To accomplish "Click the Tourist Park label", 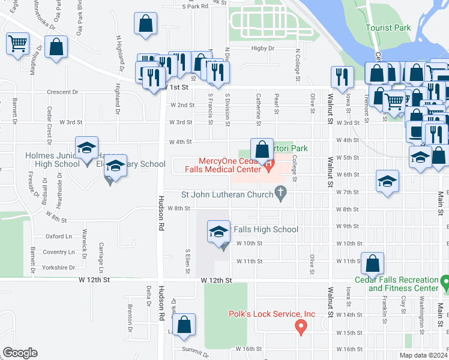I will (x=389, y=28).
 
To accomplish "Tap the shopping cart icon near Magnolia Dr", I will (x=17, y=43).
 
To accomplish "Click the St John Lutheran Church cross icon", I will (x=280, y=192).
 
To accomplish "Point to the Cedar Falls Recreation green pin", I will (x=444, y=280).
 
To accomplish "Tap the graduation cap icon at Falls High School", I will (x=219, y=230).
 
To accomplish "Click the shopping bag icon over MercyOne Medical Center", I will (x=262, y=149).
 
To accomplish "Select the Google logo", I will (x=20, y=353).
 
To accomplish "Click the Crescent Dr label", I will (x=62, y=92).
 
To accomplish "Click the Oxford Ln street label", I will (x=58, y=236).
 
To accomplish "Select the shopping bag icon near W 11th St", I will (x=372, y=262).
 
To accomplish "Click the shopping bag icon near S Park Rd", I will (x=145, y=24).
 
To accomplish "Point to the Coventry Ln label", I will (x=58, y=252).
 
